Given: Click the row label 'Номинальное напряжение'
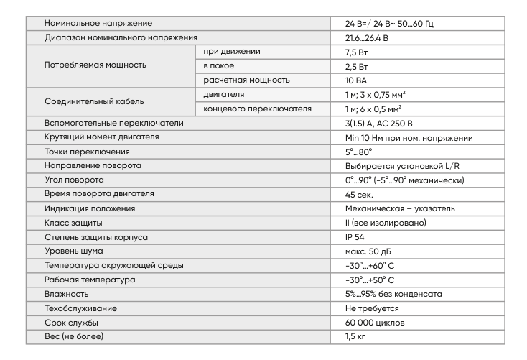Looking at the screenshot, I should [93, 24].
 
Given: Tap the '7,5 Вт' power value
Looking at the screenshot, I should [357, 52].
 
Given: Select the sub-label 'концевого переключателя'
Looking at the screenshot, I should [257, 109].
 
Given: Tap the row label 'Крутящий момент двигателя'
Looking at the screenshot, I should [101, 137].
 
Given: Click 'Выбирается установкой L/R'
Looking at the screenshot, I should [393, 166].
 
